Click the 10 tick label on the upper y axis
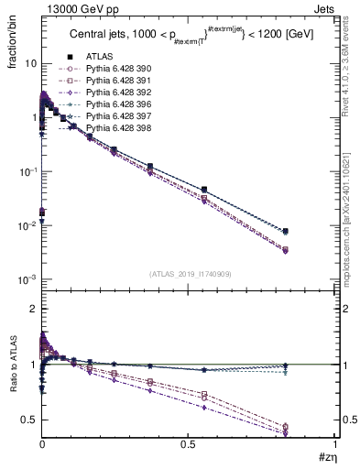coord(27,64)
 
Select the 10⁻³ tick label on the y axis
coord(26,279)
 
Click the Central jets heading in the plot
coord(183,58)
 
